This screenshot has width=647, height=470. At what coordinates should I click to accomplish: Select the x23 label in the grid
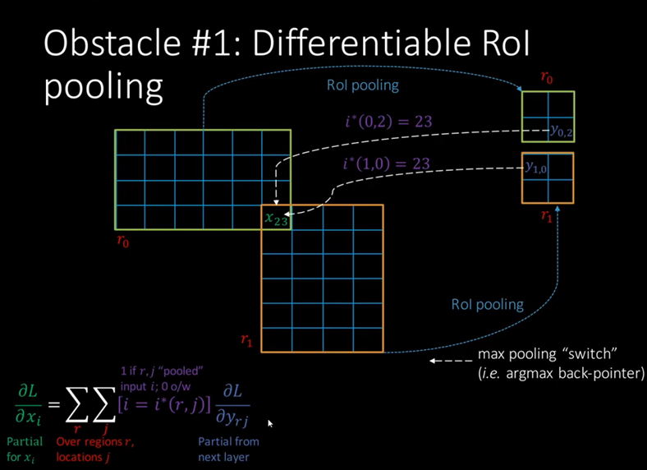pyautogui.click(x=276, y=218)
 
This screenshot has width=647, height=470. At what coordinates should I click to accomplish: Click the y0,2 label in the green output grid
pyautogui.click(x=562, y=130)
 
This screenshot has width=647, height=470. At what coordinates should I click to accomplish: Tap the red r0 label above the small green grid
pyautogui.click(x=547, y=78)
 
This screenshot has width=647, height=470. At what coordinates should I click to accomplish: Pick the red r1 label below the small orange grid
pyautogui.click(x=547, y=216)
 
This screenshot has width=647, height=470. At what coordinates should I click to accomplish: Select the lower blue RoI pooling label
pyautogui.click(x=487, y=305)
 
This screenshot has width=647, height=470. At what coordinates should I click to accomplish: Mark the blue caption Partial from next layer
pyautogui.click(x=228, y=449)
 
